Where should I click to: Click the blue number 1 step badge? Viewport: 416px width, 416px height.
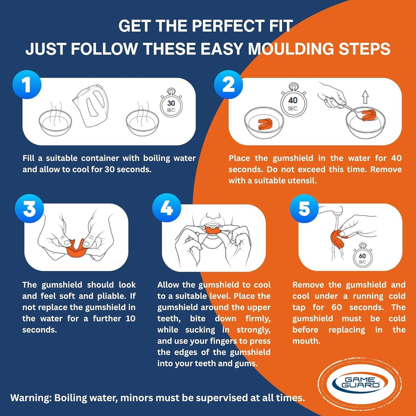coord(27,84)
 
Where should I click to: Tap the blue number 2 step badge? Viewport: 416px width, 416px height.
coord(228,84)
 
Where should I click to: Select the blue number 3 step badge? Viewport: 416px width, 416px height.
coord(29,208)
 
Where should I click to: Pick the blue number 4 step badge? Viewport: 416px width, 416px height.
coord(167,208)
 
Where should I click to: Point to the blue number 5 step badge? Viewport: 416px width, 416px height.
coord(304,208)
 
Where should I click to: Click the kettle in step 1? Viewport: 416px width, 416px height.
coord(91,105)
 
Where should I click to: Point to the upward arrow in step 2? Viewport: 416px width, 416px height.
coord(366,97)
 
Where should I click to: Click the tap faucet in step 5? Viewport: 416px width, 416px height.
coord(331,210)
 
